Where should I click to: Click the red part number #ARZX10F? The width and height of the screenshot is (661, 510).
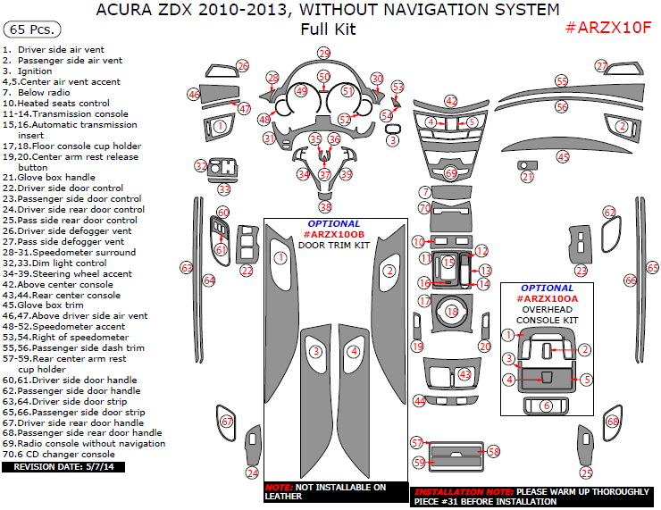[608, 28]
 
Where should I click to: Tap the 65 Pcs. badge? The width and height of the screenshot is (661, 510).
[29, 29]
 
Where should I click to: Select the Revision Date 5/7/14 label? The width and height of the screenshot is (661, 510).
[63, 467]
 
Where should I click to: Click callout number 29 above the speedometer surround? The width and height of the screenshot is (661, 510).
[323, 54]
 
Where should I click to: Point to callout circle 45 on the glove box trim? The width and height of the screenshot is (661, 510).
[563, 156]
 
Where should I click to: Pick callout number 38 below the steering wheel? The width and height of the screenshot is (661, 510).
[325, 207]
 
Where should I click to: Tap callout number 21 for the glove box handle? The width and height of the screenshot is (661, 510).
[527, 177]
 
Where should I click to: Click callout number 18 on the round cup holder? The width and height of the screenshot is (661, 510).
[452, 312]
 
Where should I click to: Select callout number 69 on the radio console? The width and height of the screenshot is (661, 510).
[451, 171]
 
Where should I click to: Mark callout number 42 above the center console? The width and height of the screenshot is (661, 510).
[451, 101]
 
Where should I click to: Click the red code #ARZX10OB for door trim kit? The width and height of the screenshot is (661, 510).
[334, 234]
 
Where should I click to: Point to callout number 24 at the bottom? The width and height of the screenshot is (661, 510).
[253, 472]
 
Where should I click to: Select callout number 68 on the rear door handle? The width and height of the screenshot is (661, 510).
[612, 421]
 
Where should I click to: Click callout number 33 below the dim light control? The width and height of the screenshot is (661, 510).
[224, 189]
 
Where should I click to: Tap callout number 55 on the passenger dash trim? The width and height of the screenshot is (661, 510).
[561, 81]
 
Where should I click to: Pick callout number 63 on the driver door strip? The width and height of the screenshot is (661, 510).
[187, 267]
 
